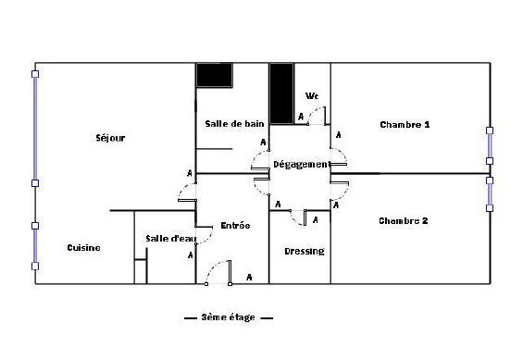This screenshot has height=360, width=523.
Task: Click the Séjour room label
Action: point(110,138)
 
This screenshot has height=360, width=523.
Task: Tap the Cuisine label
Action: point(83,248)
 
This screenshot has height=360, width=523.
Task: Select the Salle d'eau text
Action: point(171,239)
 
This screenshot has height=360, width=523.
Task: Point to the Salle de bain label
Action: point(234,124)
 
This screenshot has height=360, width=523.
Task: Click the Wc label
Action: point(312,96)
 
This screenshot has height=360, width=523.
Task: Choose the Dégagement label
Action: point(302,165)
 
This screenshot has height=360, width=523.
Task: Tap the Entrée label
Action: point(235,225)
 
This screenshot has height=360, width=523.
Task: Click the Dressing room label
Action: point(305,251)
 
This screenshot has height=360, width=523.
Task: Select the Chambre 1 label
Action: point(405,125)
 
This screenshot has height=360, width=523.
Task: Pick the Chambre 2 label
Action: point(404,220)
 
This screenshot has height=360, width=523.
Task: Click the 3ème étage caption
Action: point(228,317)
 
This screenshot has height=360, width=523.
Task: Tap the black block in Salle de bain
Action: point(214,75)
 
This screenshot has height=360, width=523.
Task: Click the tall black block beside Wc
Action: point(281,93)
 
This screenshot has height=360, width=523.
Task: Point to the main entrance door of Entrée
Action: point(218,272)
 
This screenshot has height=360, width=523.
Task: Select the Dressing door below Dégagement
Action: point(298,217)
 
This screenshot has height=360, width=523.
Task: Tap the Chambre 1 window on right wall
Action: point(490,145)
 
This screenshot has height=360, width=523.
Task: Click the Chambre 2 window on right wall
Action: point(490,194)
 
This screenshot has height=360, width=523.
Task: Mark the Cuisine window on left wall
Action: point(35,245)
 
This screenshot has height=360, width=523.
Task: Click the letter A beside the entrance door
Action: point(249,278)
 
